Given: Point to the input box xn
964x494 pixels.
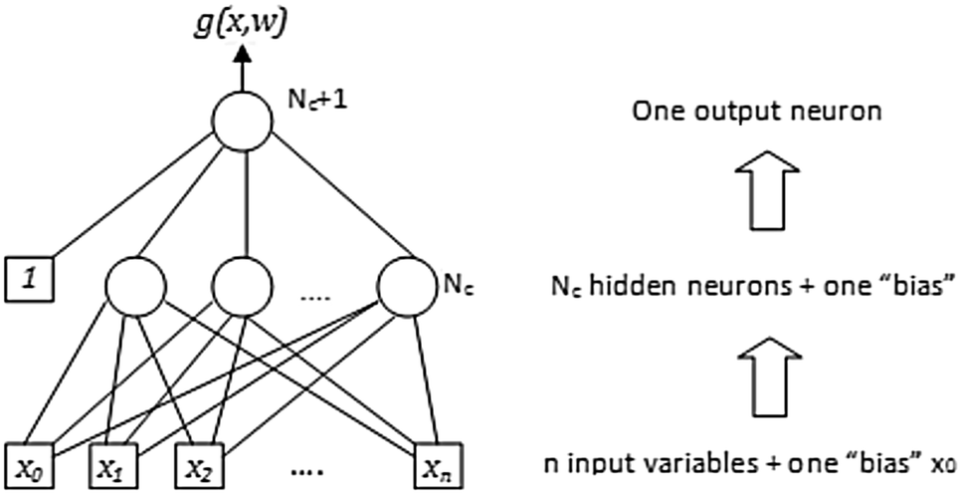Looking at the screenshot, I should click(x=435, y=464).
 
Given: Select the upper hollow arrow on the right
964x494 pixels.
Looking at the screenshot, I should click(x=765, y=189).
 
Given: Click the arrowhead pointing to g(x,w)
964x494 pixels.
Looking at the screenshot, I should click(x=241, y=54).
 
